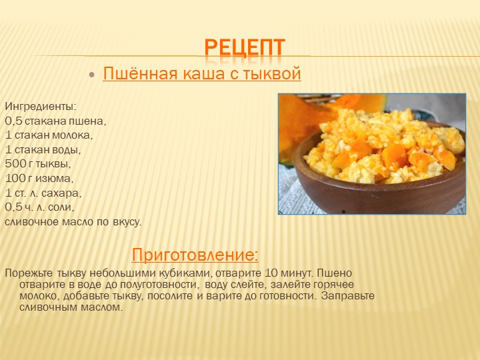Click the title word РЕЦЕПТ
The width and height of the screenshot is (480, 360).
pos(245,47)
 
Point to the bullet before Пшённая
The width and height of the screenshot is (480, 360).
pos(92,75)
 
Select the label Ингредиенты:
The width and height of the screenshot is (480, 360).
pos(41,107)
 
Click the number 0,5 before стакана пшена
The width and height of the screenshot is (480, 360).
pos(13,121)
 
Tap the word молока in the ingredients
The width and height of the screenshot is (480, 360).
pos(72,135)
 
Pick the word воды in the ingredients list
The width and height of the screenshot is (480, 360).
pos(67,150)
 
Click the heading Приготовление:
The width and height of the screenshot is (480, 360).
pos(195,255)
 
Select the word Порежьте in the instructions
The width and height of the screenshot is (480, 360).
pos(29,273)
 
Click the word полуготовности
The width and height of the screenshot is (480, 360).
pos(158,285)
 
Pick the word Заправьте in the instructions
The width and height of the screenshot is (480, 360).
pos(348,296)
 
